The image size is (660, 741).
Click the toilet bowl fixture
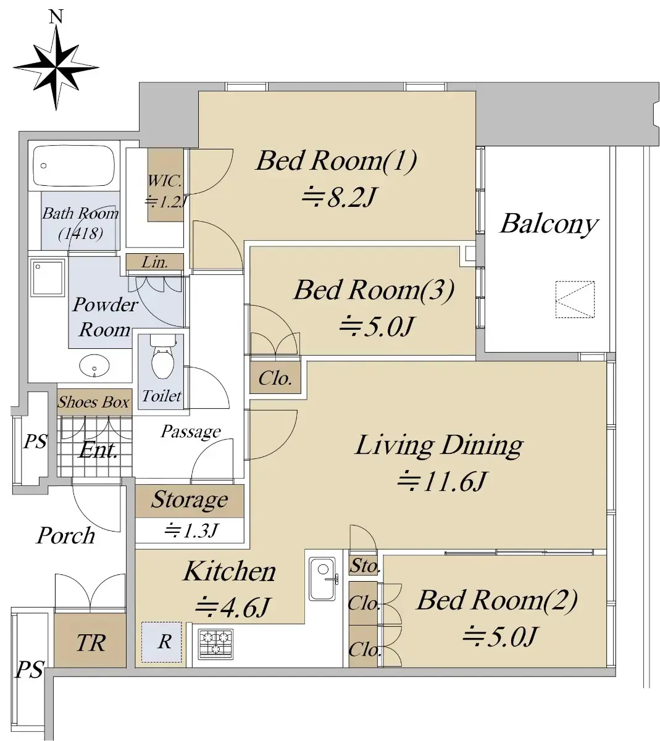(162, 358)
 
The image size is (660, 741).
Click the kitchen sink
(322, 579)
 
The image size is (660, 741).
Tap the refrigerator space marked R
(161, 642)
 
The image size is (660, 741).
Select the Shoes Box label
(94, 402)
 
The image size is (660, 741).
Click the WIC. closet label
(165, 181)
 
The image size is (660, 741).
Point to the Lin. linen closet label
(155, 262)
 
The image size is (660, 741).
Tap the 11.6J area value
(443, 481)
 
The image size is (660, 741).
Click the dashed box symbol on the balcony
(575, 299)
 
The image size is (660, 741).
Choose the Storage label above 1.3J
(190, 499)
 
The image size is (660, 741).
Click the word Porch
(66, 535)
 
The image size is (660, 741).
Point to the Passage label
(191, 432)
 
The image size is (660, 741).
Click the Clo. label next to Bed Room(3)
(275, 379)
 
